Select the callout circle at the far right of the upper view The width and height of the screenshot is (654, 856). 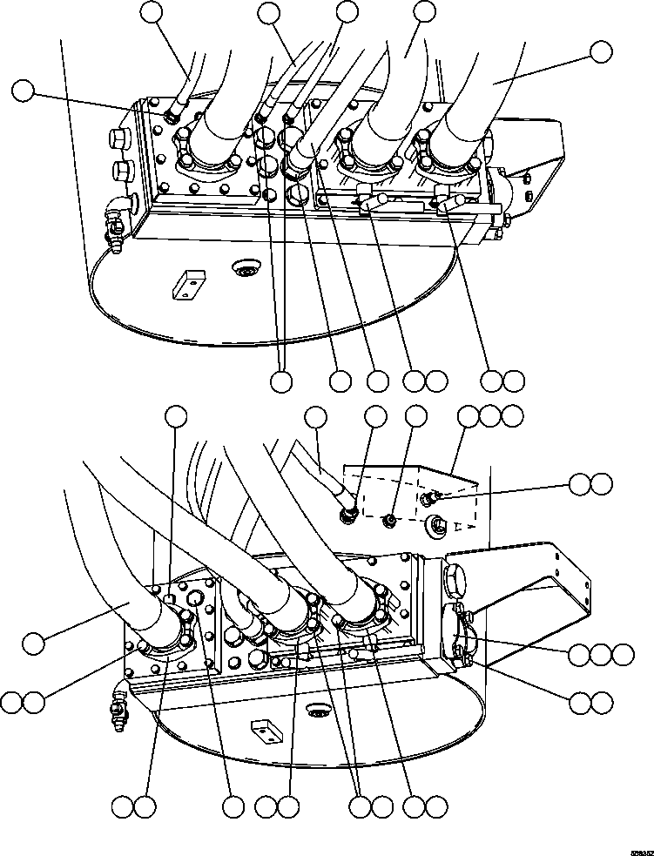pos(601,51)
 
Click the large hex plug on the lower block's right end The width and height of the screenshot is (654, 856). pos(455,576)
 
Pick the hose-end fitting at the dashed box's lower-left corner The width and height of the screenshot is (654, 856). pos(350,516)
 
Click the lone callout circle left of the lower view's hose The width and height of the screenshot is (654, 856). pos(33,644)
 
